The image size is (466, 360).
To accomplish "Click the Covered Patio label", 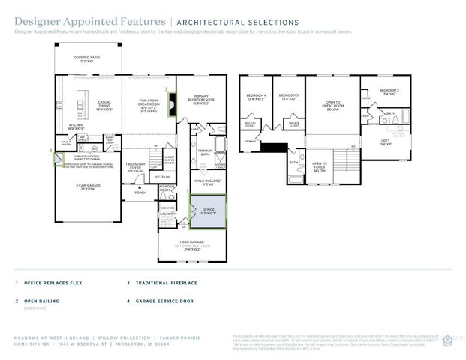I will click(x=89, y=58).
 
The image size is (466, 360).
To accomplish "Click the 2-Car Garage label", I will click(x=87, y=185).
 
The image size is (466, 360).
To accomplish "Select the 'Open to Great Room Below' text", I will click(x=332, y=106).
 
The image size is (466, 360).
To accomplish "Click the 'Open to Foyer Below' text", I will click(x=320, y=167).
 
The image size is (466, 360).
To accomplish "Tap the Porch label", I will click(x=140, y=193).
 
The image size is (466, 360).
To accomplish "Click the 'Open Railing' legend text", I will click(x=41, y=301).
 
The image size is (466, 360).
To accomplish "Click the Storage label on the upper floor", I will click(x=250, y=141).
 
